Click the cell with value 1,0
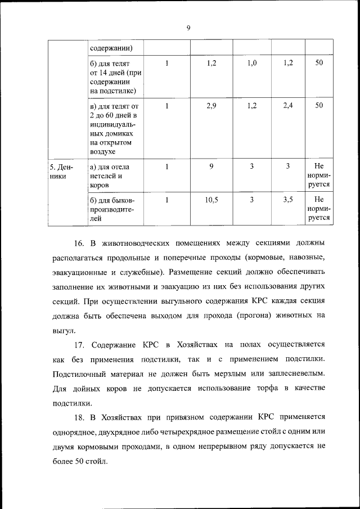click(x=252, y=64)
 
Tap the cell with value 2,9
click(x=211, y=106)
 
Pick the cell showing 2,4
click(x=287, y=106)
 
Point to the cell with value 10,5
click(x=211, y=200)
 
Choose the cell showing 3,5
click(x=287, y=200)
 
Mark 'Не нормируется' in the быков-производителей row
click(x=319, y=209)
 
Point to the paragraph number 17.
click(x=79, y=344)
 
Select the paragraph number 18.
click(x=79, y=417)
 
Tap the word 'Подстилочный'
click(x=82, y=373)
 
